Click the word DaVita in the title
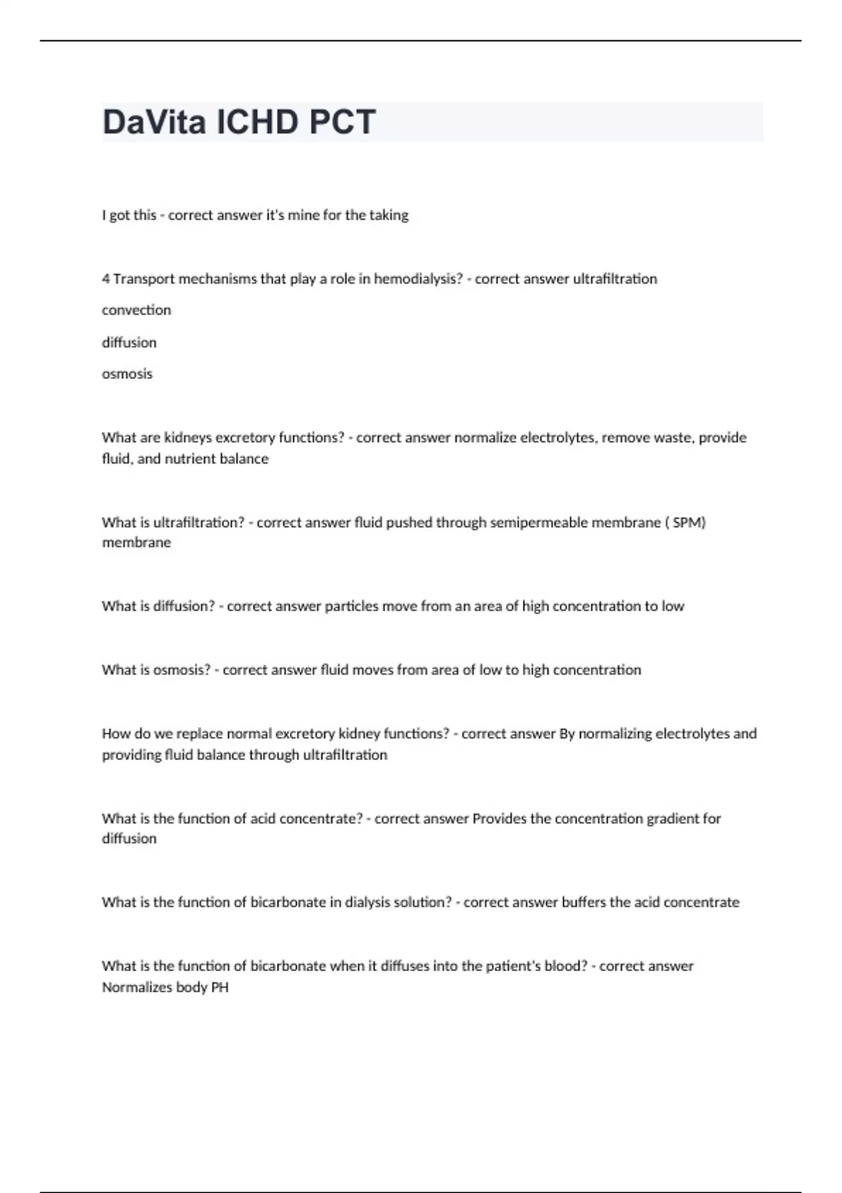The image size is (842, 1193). coord(154,122)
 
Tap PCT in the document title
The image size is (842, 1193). coord(342,122)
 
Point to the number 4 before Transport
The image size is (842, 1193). coord(105,279)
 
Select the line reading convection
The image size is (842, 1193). coord(136,310)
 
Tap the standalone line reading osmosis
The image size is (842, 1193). coord(127,374)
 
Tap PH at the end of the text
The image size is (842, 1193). coord(220,987)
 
